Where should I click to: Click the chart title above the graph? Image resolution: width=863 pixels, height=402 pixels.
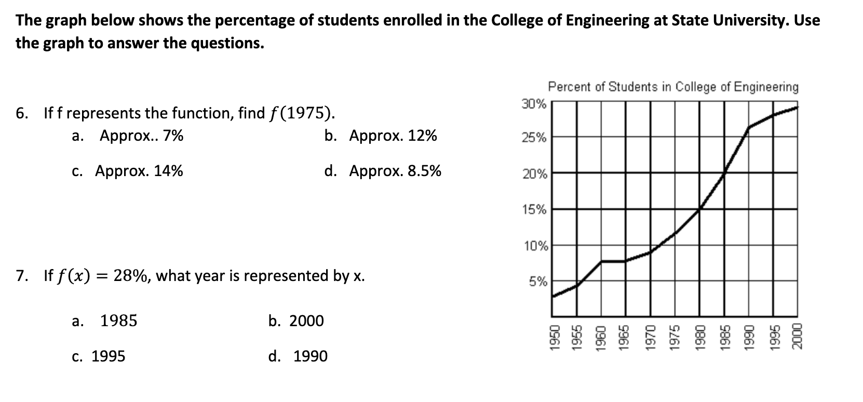tap(673, 87)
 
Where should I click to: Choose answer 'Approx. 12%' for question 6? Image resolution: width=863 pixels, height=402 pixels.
tap(393, 136)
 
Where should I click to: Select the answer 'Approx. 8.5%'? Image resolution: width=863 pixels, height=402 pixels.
tap(395, 171)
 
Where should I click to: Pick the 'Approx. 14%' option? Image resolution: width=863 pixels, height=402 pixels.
tap(139, 171)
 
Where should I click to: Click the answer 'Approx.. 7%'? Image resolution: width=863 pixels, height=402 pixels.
tap(141, 136)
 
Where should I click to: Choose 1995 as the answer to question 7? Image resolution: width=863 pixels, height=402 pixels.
tap(108, 356)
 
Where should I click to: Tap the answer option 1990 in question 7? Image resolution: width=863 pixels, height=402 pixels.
tap(310, 356)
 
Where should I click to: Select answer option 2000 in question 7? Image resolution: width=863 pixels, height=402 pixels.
tap(306, 321)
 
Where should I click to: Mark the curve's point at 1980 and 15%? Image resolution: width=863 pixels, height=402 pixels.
tap(699, 209)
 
